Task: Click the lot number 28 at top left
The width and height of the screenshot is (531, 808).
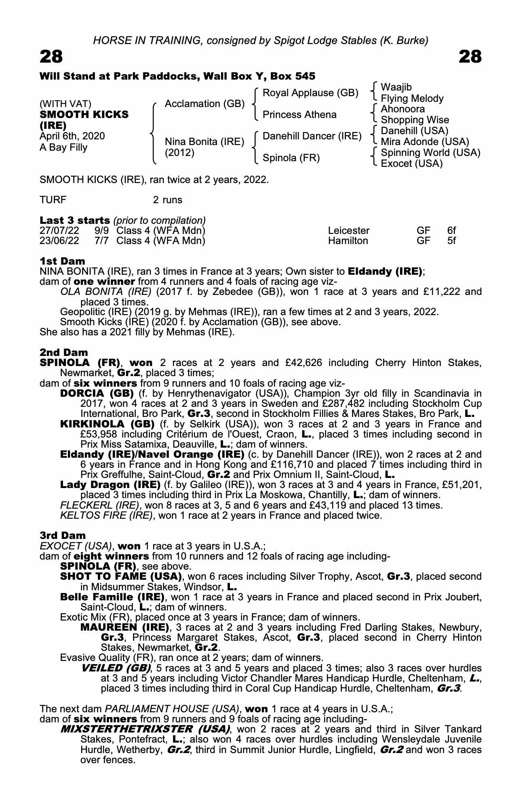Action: coord(51,57)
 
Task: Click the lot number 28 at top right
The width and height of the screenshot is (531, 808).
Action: coord(470,57)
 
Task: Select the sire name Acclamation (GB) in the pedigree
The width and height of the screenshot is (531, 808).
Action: coord(204,104)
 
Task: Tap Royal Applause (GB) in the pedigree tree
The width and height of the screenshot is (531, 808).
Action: coord(310,93)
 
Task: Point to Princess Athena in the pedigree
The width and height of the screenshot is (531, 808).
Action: coord(299,115)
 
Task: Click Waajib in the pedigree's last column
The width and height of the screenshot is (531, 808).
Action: coord(396,87)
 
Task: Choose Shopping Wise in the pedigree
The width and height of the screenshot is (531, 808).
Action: coord(415,120)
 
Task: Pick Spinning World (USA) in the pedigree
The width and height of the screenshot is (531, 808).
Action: coord(430,153)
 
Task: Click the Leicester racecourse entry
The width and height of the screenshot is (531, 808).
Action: coord(348,231)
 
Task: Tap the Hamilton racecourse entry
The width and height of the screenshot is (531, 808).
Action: coord(348,241)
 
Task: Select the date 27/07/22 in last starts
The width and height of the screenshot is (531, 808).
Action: coord(59,231)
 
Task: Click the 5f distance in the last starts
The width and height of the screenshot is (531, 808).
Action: coord(451,241)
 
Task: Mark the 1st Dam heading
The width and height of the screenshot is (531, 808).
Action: coord(62,261)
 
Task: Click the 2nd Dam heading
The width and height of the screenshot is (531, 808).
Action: coord(64,352)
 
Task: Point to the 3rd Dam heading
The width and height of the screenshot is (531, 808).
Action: coord(63,536)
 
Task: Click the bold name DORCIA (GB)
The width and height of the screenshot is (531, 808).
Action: coord(97,393)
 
